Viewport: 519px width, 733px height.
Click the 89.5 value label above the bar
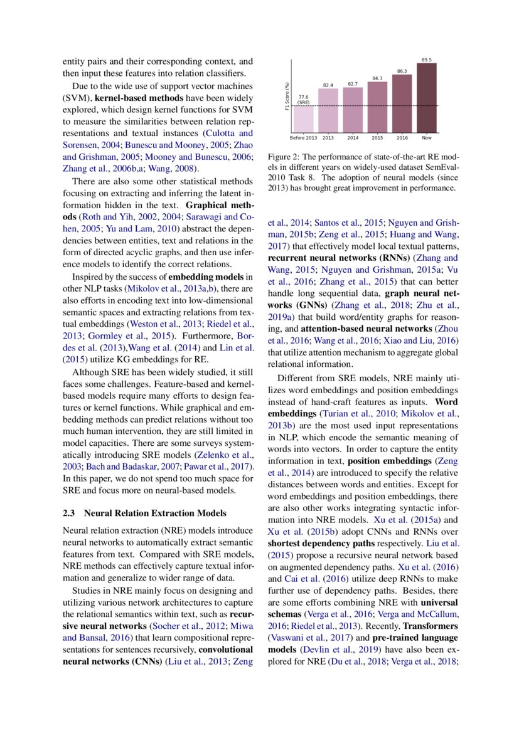tap(426, 60)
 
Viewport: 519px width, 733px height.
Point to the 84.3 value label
tap(377, 78)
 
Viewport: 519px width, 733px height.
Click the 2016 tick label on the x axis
tap(402, 137)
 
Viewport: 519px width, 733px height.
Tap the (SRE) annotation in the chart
tap(303, 102)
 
